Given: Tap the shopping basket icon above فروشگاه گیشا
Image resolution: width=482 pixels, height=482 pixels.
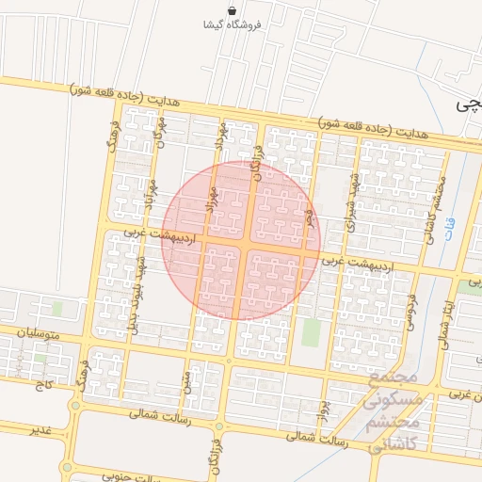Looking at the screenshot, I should coord(232,9).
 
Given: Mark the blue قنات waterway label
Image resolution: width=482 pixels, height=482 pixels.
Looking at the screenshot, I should coord(449,227).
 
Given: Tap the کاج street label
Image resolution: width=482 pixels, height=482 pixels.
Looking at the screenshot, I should coord(43,386).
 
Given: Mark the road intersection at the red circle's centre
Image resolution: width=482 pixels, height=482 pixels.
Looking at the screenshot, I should coord(242,240).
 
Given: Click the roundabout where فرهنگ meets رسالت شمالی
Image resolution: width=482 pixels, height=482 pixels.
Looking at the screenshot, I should coord(75,407).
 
